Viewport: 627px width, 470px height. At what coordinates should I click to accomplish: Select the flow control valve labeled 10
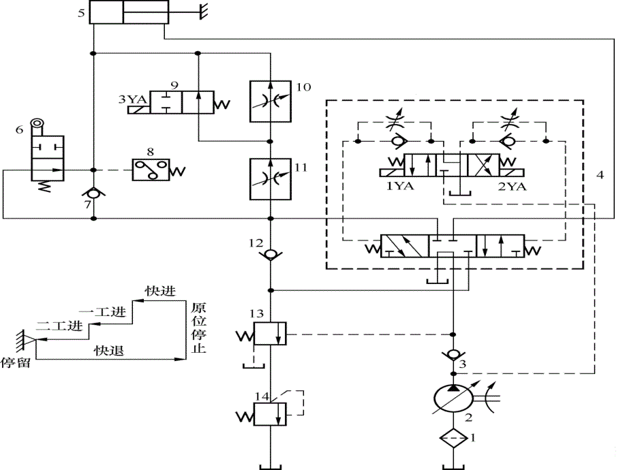pos(271,101)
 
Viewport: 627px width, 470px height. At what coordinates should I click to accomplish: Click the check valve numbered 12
pos(271,255)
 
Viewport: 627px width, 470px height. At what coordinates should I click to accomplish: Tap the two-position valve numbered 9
pos(182,101)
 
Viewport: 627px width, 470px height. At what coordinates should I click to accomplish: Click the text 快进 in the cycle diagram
pos(160,291)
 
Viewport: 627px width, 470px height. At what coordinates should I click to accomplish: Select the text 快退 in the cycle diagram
pos(109,350)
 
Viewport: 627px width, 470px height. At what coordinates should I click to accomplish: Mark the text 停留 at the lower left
pos(16,362)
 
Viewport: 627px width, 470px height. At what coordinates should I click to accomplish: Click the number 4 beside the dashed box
pos(600,174)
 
